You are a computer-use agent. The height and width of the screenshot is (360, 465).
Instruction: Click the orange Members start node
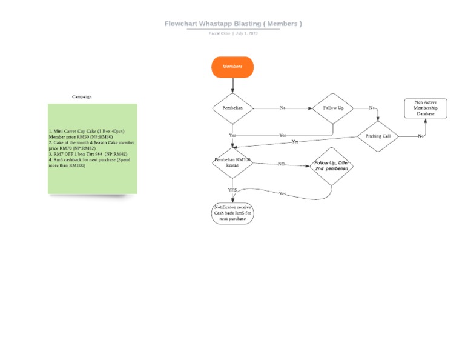coord(232,67)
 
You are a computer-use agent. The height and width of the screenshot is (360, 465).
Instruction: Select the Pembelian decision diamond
coord(232,108)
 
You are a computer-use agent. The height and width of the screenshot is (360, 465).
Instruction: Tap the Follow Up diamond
coord(332,108)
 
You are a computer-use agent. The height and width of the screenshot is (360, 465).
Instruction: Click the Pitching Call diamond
coord(378,136)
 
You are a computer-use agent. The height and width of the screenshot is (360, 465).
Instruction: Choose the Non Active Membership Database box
coord(425,108)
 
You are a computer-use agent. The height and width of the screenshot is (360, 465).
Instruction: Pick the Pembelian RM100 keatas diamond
coord(232,162)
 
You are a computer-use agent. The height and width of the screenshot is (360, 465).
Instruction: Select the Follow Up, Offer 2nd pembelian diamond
coord(331,165)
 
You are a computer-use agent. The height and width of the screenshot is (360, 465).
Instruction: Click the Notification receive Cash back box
coord(232,213)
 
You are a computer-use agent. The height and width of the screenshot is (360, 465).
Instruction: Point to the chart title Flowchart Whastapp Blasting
coord(232,24)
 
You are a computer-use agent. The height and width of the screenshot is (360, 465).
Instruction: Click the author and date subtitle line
coord(233,33)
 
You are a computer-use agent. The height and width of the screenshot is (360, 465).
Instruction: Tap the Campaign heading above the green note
coord(82,96)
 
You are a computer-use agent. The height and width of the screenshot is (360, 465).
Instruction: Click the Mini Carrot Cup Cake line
coord(87,131)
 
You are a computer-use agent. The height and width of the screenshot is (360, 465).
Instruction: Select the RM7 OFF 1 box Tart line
coord(88,154)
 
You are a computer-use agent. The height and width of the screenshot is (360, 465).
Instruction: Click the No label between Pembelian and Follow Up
coord(282,108)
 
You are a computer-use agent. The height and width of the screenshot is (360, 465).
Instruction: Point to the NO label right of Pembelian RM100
coord(282,164)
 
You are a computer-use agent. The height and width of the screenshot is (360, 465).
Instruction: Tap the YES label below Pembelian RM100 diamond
coord(232,190)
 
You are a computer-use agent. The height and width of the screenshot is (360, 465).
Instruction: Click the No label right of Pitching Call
coord(420,136)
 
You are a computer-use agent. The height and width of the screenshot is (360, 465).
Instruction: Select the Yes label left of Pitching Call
coord(295,141)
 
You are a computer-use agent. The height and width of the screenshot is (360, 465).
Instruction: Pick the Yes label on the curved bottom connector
coord(283,193)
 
